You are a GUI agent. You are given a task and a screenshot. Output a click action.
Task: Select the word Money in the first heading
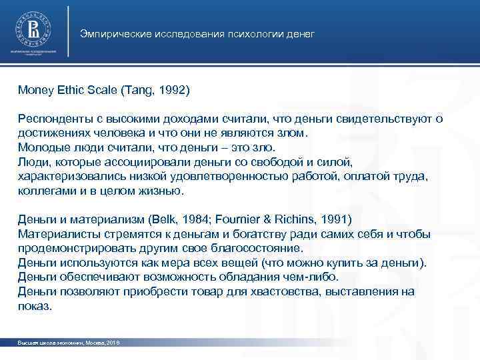(33, 89)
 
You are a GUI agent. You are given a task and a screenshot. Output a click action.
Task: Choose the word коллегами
(43, 191)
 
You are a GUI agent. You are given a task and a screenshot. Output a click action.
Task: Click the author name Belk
(166, 219)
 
